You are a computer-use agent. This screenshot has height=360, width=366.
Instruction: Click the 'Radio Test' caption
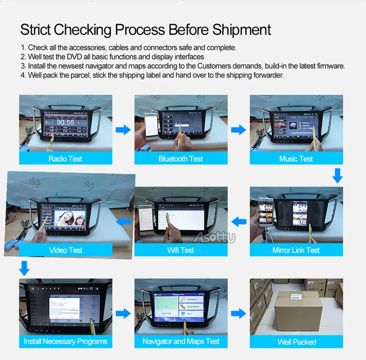click(x=65, y=159)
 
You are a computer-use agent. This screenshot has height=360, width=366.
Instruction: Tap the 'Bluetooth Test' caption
click(x=181, y=159)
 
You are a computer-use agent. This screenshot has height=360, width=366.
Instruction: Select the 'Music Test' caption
click(x=296, y=159)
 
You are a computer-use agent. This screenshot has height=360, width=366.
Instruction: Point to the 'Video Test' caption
click(x=66, y=250)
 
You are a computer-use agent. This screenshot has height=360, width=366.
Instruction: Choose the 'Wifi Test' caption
click(x=181, y=250)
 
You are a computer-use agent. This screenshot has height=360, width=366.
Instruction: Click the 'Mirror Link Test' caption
click(x=296, y=251)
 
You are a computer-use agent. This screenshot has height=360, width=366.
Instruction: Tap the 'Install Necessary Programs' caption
click(x=65, y=342)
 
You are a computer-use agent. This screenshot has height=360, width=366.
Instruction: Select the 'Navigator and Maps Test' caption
click(x=181, y=342)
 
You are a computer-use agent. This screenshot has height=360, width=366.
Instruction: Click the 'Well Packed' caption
click(x=296, y=342)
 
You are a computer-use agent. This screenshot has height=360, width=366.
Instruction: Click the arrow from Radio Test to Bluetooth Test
click(x=123, y=130)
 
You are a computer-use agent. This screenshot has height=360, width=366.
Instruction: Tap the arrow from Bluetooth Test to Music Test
click(x=238, y=130)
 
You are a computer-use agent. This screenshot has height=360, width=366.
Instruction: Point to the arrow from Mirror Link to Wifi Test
click(x=238, y=221)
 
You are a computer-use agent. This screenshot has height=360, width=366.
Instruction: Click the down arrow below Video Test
click(x=24, y=267)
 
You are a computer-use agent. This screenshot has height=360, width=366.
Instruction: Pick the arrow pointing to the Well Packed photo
click(x=238, y=314)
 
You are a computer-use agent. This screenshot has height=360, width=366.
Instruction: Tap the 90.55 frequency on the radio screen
click(x=65, y=122)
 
